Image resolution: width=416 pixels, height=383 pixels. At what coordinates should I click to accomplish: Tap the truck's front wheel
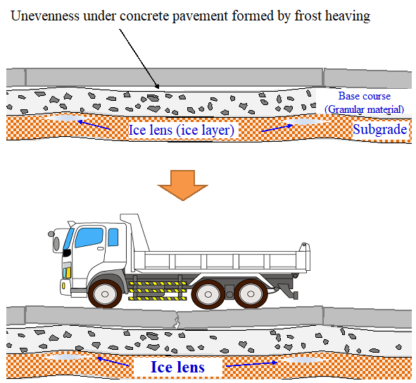click(x=105, y=294)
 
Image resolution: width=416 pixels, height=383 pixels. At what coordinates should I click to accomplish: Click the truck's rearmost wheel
click(x=251, y=294)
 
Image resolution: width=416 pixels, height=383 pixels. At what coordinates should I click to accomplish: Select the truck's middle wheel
click(x=208, y=294)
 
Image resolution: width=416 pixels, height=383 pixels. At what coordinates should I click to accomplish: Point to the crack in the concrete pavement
click(x=176, y=320)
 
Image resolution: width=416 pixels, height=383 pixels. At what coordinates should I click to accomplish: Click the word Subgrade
click(x=380, y=130)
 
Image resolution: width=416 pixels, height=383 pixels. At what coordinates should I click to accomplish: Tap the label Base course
click(x=365, y=96)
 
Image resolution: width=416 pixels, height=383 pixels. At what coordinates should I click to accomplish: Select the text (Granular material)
click(x=365, y=109)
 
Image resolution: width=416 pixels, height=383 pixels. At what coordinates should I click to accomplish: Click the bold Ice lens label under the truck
click(x=177, y=367)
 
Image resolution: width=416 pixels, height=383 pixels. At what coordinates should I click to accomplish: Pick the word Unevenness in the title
click(x=45, y=16)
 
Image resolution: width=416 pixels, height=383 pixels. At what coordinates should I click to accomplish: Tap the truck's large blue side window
click(x=89, y=238)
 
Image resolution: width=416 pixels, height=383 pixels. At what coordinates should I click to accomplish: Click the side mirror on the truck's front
click(x=56, y=243)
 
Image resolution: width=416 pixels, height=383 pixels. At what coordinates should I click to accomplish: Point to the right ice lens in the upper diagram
click(x=303, y=121)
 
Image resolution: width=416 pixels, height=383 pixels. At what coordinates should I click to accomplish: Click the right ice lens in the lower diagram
click(x=303, y=360)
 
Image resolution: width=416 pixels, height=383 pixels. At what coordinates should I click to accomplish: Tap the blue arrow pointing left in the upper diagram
click(x=94, y=125)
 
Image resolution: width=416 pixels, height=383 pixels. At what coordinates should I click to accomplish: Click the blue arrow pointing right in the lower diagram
click(x=252, y=364)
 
